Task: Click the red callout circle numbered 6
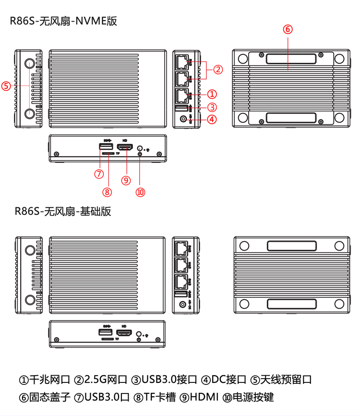(288, 29)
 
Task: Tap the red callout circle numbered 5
(6, 86)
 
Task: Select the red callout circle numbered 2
(218, 70)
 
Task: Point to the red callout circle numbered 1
(213, 94)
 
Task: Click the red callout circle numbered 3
(213, 107)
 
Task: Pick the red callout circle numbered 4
(213, 119)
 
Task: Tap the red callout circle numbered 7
(99, 173)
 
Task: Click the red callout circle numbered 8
(108, 191)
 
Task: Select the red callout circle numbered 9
(126, 180)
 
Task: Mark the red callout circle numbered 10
(140, 191)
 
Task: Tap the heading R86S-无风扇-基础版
(63, 211)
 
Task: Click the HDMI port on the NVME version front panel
(126, 146)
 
